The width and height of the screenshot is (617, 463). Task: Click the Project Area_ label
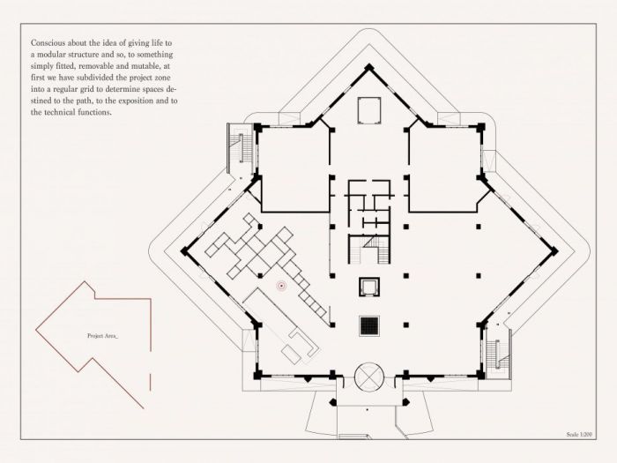click(x=102, y=337)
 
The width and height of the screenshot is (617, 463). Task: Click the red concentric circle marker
click(x=281, y=285)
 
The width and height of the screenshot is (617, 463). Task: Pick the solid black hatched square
click(x=370, y=325)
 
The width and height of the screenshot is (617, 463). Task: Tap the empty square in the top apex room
click(x=368, y=109)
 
